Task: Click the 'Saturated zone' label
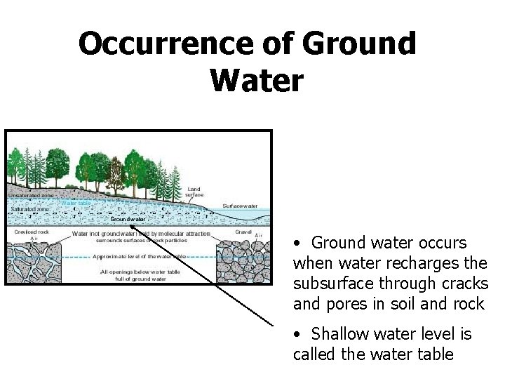(x=29, y=208)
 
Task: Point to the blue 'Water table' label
(x=75, y=203)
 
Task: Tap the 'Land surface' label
(x=195, y=192)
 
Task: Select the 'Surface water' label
(x=239, y=206)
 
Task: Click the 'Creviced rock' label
(x=30, y=230)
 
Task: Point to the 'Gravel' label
(x=243, y=230)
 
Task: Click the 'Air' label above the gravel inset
(x=258, y=236)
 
